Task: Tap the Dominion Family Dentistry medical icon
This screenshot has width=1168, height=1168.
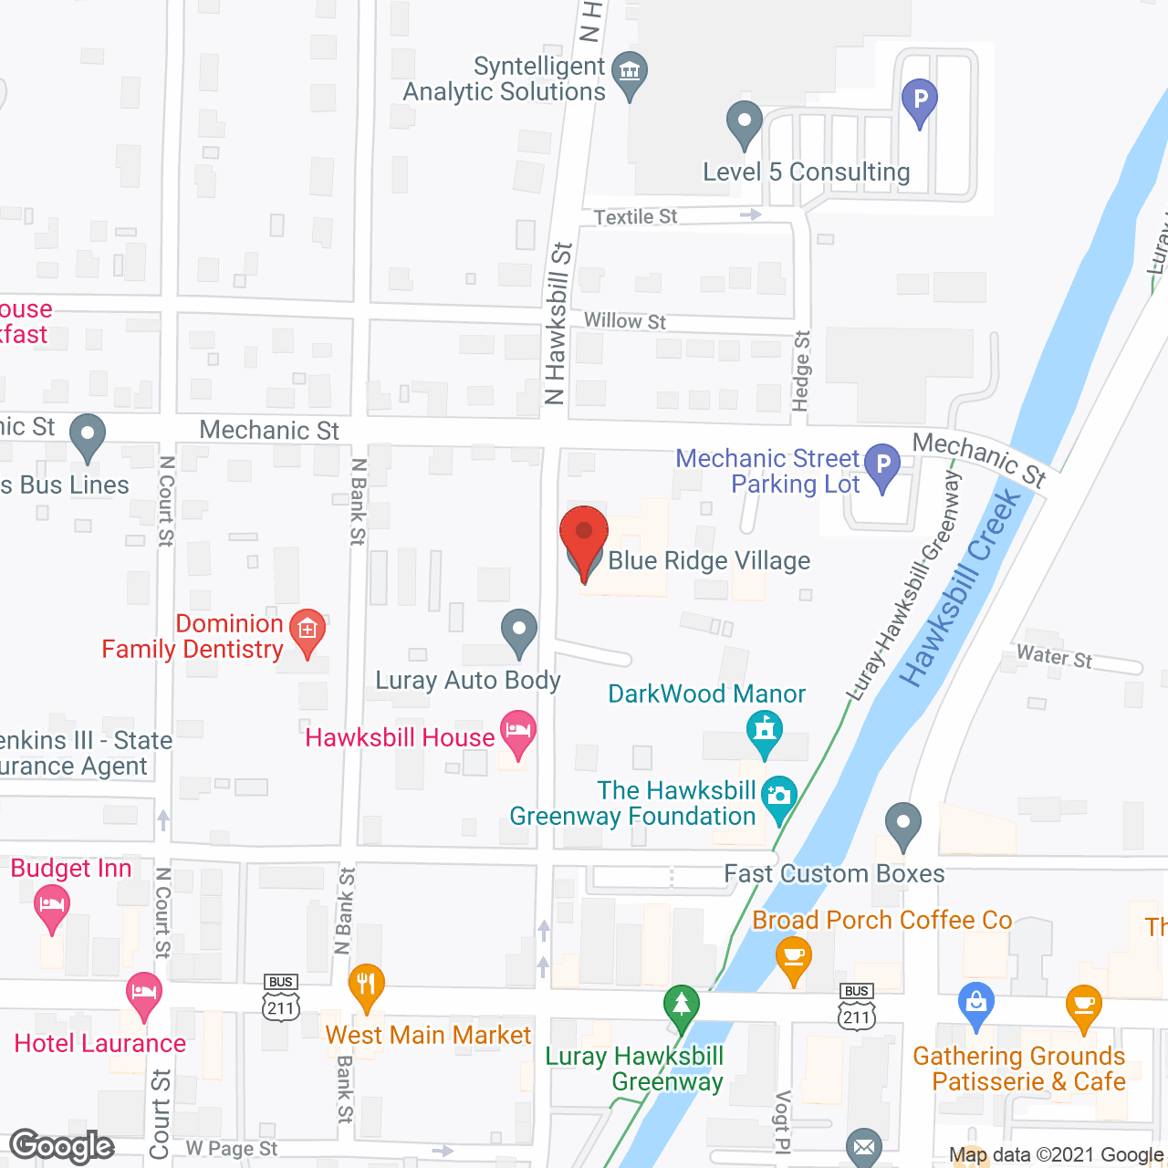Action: coord(308,629)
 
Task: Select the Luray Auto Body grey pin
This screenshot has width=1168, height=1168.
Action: coord(519,630)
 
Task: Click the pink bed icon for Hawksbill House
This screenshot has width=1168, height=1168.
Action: coord(518,732)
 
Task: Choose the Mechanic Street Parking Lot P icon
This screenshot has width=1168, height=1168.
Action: coord(882,464)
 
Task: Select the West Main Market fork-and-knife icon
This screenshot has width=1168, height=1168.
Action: coord(366,985)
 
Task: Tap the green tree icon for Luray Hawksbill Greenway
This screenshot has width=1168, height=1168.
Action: coord(681,1006)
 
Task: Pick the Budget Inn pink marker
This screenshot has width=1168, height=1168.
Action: coord(52,906)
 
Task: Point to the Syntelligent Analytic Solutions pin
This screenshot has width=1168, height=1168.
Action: coord(629,72)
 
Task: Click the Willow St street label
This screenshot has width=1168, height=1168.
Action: coord(625,320)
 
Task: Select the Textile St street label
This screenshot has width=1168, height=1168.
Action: coord(635,216)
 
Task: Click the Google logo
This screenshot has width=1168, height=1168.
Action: coord(62,1146)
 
